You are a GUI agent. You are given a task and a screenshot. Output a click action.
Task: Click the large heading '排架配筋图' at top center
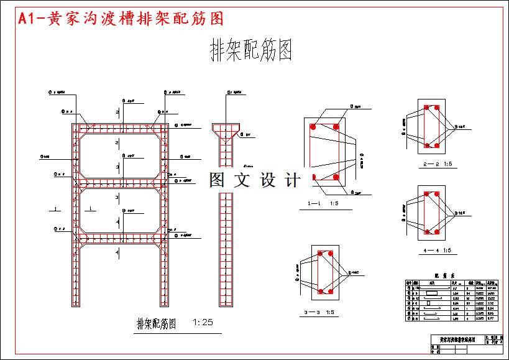click(x=252, y=50)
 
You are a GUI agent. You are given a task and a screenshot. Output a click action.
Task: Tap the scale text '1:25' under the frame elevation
click(x=203, y=322)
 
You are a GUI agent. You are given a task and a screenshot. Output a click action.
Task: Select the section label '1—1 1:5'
click(x=323, y=203)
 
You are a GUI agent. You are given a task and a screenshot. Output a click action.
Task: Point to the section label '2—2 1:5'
click(x=436, y=164)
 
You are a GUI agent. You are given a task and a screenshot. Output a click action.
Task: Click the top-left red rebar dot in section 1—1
click(x=314, y=127)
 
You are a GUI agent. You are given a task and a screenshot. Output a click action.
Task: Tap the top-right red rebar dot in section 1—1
click(x=336, y=127)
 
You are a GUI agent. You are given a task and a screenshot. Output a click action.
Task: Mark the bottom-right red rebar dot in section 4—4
click(x=437, y=232)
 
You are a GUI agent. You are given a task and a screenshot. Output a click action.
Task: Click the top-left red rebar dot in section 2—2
click(x=427, y=108)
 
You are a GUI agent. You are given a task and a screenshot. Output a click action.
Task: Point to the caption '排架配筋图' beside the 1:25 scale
click(x=157, y=323)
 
